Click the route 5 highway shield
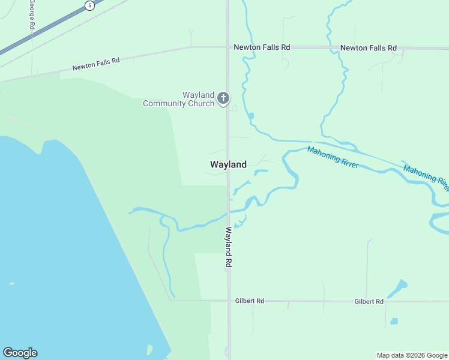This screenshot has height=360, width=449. click(x=89, y=5)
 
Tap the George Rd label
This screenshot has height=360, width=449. click(x=32, y=14)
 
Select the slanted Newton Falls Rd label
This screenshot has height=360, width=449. click(x=96, y=64)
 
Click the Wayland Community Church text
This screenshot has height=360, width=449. click(x=178, y=99)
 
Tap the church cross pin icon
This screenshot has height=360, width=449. click(x=223, y=98)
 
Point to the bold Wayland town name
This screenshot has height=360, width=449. click(x=228, y=164)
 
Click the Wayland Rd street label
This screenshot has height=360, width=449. click(x=229, y=247)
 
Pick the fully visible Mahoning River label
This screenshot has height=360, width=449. click(x=333, y=157)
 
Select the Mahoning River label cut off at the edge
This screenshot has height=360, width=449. click(x=426, y=178)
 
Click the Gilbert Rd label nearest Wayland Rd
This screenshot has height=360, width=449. click(x=250, y=301)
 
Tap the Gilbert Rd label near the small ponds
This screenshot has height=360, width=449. click(x=369, y=301)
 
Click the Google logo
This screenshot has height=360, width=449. click(x=20, y=353)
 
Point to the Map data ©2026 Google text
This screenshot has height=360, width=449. click(x=412, y=355)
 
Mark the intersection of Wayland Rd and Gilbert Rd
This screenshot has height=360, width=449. click(x=229, y=301)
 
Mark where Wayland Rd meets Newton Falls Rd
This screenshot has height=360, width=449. click(x=227, y=47)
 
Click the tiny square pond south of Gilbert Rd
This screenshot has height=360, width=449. click(x=394, y=321)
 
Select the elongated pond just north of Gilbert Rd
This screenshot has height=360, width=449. click(x=397, y=289)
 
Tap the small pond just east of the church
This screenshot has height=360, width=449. click(x=251, y=116)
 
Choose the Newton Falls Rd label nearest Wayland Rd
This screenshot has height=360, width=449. click(x=262, y=47)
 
